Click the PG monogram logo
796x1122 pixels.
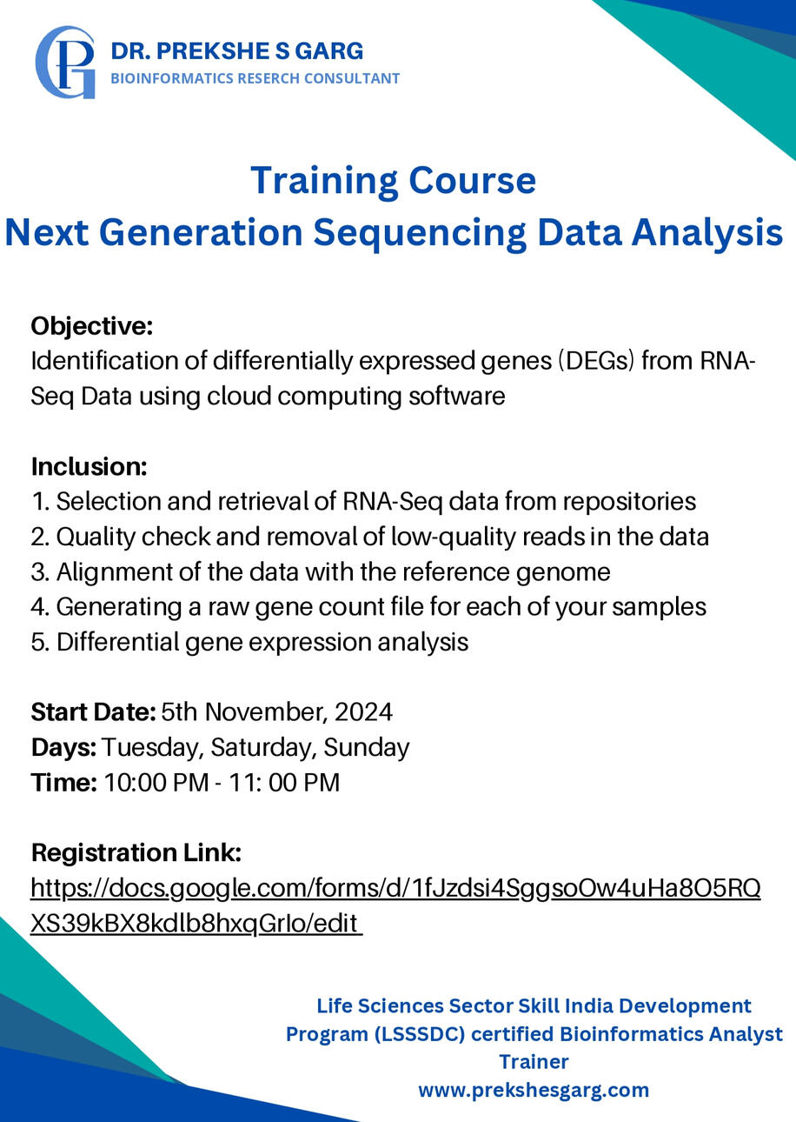tap(65, 62)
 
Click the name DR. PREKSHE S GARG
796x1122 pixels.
tap(237, 51)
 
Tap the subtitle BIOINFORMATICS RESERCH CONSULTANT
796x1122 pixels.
tap(255, 78)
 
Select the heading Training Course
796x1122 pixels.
tap(394, 180)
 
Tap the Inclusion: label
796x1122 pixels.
tap(89, 467)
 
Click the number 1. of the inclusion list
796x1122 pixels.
tap(41, 501)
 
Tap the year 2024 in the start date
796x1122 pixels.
tap(364, 712)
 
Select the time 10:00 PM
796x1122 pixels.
tap(156, 783)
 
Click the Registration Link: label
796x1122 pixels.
tap(136, 852)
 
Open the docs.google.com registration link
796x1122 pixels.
tap(395, 905)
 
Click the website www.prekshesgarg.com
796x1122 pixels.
tap(534, 1090)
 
